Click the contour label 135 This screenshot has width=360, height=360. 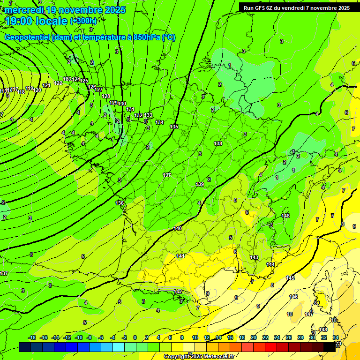coord(174,127)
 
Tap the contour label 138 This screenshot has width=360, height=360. coord(218,144)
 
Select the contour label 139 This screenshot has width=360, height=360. coord(200,185)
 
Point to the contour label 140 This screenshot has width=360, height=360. coord(178,228)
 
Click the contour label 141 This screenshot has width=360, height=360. coord(180,256)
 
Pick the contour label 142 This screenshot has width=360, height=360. coord(178,292)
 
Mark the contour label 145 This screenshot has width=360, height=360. coord(290,278)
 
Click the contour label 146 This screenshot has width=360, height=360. coord(293,297)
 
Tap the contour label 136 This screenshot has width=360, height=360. coord(120,203)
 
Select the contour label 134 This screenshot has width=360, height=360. coord(159,122)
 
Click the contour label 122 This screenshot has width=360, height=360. coord(58,83)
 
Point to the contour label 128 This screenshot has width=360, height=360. coord(106,96)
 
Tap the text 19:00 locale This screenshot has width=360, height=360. coord(37,21)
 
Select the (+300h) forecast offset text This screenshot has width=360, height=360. coord(83,21)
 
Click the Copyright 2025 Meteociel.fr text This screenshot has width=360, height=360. coord(198,357)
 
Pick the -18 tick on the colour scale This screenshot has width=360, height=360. coord(32,337)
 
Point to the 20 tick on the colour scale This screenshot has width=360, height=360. coord(253,337)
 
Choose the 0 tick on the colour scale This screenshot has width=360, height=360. coord(135,337)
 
